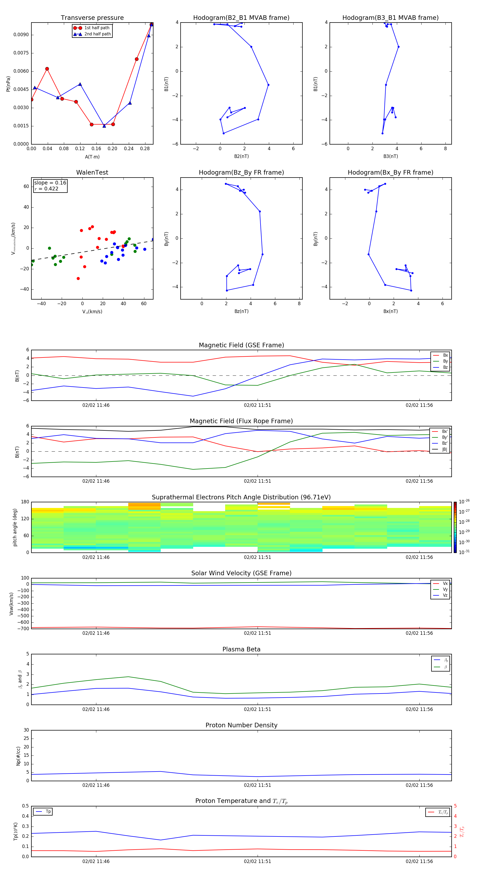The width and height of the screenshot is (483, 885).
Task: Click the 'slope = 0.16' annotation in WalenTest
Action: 50,183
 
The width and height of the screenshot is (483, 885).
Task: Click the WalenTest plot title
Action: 92,172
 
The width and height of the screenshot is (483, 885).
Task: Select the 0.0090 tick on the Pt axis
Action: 21,35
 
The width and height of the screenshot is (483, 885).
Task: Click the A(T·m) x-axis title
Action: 92,157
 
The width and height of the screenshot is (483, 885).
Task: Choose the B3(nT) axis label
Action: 390,156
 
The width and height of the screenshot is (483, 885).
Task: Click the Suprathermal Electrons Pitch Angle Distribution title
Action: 241,497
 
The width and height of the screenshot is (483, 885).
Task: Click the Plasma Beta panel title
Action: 241,649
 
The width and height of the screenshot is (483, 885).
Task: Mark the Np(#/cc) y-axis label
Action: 18,755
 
